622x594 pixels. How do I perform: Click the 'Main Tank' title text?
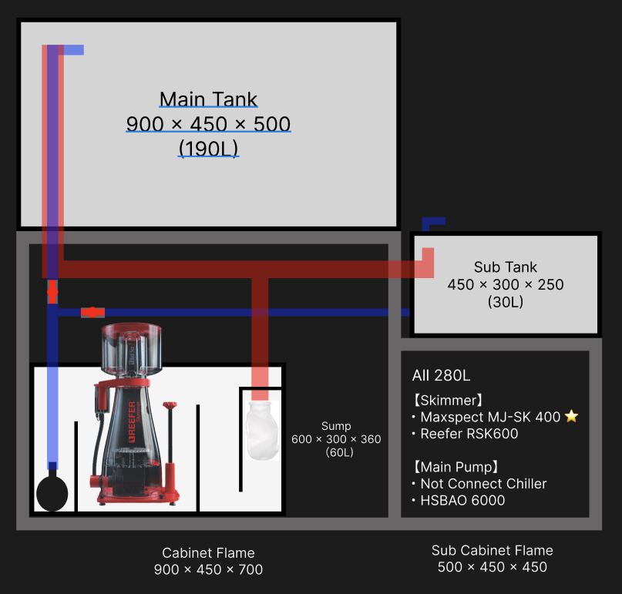pyautogui.click(x=208, y=99)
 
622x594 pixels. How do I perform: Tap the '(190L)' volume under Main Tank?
pyautogui.click(x=208, y=148)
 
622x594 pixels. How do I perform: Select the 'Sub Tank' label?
pyautogui.click(x=505, y=267)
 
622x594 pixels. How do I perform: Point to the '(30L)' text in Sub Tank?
pyautogui.click(x=505, y=303)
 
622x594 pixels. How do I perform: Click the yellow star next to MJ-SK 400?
pyautogui.click(x=571, y=417)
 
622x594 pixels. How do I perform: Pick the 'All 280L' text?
pyautogui.click(x=441, y=376)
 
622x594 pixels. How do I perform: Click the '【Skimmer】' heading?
pyautogui.click(x=448, y=400)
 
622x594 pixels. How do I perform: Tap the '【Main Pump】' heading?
pyautogui.click(x=456, y=466)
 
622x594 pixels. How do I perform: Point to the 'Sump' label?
pyautogui.click(x=336, y=426)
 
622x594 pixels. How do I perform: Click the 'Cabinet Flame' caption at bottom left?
pyautogui.click(x=208, y=552)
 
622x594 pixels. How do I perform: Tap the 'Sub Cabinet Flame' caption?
pyautogui.click(x=492, y=550)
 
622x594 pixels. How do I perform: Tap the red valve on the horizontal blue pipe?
pyautogui.click(x=92, y=312)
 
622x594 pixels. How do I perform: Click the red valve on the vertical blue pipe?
pyautogui.click(x=52, y=292)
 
